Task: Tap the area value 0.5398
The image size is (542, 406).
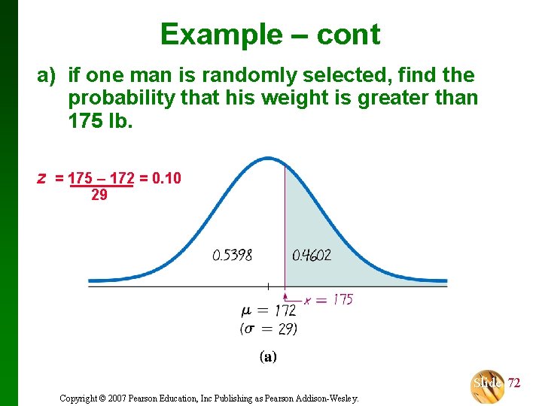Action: click(x=233, y=256)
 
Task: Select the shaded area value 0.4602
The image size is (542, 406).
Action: click(x=312, y=256)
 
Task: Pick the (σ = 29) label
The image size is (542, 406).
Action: click(x=269, y=329)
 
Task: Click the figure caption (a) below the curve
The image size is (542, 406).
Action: click(x=268, y=357)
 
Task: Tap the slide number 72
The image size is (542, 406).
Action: click(x=514, y=383)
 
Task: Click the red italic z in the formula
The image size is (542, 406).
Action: click(x=43, y=178)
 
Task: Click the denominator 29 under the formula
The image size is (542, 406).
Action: click(x=99, y=195)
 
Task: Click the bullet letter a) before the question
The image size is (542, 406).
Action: click(x=47, y=75)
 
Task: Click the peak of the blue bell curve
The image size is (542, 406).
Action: click(x=269, y=159)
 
